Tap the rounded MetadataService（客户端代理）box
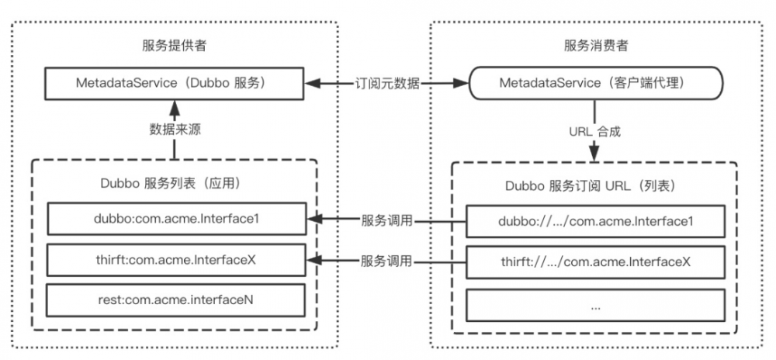(x=595, y=83)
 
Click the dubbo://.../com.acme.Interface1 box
(x=595, y=221)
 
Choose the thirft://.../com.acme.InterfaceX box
(x=595, y=261)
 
